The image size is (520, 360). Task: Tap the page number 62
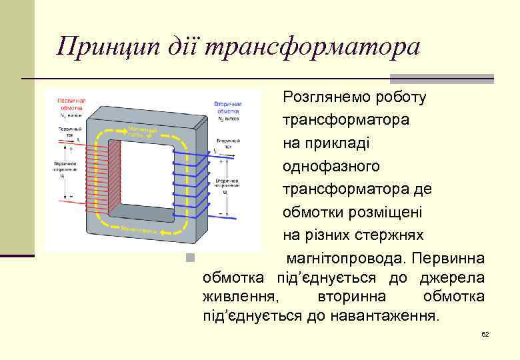485,333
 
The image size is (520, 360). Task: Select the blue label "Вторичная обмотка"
228,107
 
